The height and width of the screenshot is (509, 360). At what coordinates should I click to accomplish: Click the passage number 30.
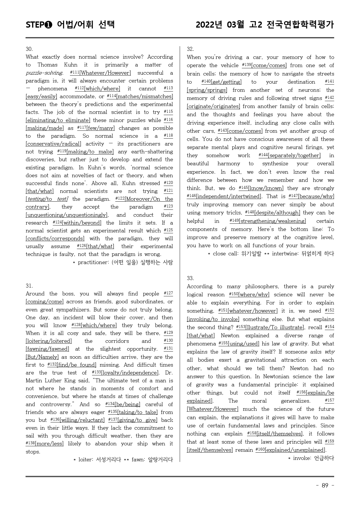[29, 49]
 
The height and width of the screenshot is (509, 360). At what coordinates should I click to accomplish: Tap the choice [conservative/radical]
[53, 144]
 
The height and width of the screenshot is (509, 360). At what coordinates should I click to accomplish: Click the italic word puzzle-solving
[44, 73]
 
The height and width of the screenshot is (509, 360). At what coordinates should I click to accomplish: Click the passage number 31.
[29, 286]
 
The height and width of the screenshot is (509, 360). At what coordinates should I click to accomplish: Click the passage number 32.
[190, 49]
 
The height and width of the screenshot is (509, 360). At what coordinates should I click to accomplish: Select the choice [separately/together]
[294, 155]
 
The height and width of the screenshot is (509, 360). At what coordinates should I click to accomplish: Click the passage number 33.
[190, 278]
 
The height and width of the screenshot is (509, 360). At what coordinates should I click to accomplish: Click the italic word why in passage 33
[330, 352]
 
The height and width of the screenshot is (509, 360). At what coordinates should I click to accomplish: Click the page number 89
[325, 485]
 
